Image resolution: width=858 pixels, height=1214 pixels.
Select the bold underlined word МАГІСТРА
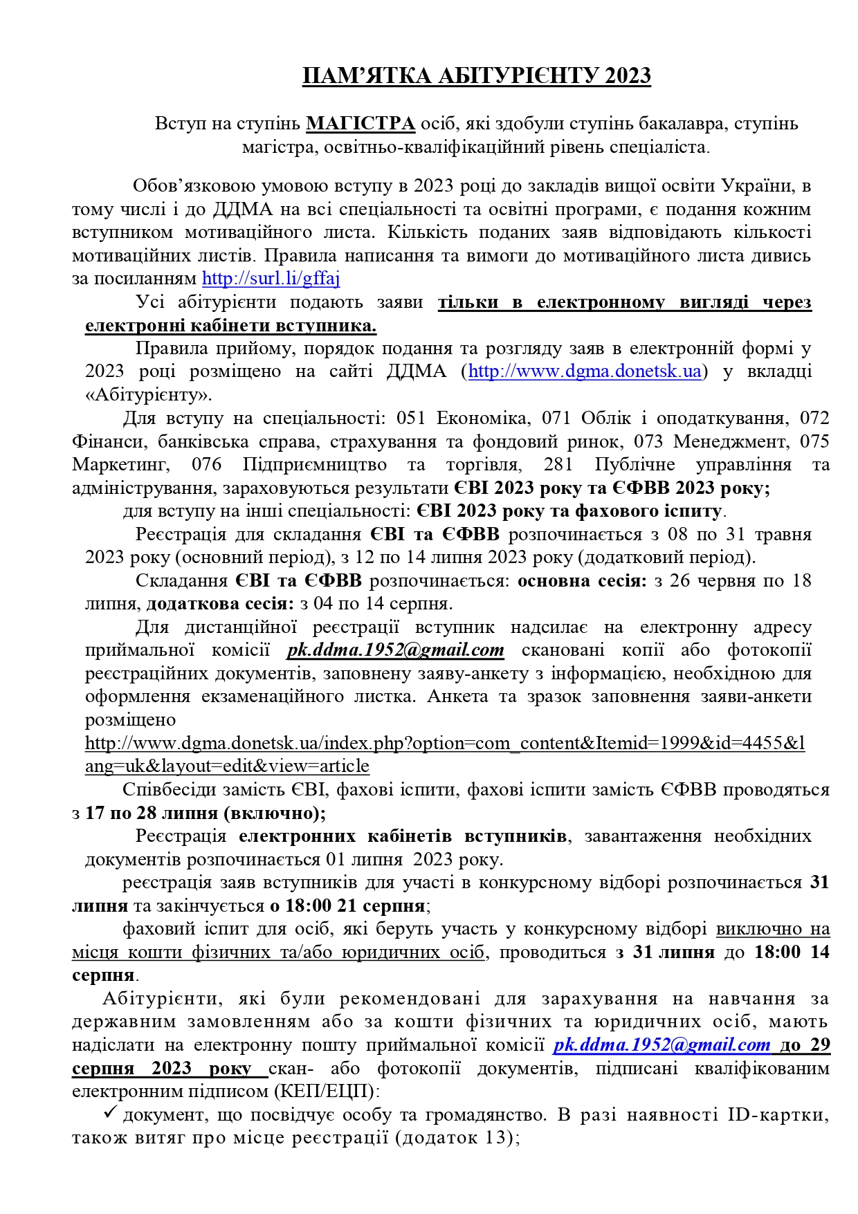(360, 124)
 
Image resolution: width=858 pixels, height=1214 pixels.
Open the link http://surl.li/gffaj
(271, 279)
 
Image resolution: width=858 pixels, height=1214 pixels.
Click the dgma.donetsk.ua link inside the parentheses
(585, 371)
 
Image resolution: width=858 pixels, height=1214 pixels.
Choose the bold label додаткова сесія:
(220, 604)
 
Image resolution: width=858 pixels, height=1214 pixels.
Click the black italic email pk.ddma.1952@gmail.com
(395, 650)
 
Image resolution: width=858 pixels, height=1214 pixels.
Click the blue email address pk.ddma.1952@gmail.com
(661, 1045)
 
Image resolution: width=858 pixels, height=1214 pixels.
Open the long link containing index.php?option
(444, 744)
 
